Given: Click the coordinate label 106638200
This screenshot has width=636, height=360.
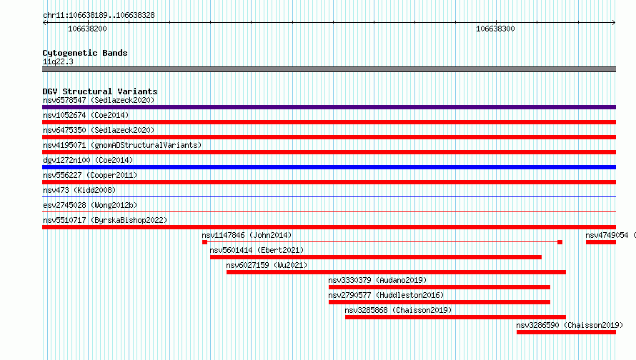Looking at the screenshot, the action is (x=87, y=29).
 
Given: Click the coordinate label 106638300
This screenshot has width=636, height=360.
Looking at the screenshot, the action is (x=495, y=29).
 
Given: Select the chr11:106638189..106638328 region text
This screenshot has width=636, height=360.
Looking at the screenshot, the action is (x=99, y=15).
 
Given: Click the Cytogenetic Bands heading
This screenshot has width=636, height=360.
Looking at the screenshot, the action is (x=85, y=53).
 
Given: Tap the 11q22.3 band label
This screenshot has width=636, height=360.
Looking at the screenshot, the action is (x=58, y=61).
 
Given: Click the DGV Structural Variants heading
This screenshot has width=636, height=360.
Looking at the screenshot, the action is (x=100, y=91).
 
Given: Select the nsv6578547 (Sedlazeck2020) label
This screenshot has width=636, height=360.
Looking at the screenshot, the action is (x=99, y=100).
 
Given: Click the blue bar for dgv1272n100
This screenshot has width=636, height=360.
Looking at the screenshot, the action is (x=329, y=167).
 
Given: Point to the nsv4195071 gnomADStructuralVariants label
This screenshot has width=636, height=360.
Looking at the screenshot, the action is (x=122, y=145).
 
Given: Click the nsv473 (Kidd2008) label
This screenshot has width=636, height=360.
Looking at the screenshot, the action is (x=79, y=190).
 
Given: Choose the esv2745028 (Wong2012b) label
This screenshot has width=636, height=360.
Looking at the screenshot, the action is (x=90, y=205).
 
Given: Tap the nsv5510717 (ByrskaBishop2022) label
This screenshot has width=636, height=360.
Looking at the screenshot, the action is (x=105, y=220).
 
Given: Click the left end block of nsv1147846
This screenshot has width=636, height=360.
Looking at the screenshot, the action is (x=205, y=242).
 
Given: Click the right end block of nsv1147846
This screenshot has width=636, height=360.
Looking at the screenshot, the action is (x=560, y=242).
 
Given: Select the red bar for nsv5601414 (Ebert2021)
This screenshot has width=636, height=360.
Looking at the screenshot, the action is (x=376, y=257).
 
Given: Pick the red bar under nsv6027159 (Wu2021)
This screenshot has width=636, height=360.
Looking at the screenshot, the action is (x=396, y=272).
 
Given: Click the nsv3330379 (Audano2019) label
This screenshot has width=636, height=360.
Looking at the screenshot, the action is (x=377, y=280).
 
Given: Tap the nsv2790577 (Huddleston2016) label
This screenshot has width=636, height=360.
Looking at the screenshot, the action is (x=386, y=295).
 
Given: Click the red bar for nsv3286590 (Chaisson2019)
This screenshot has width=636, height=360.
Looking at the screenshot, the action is (x=566, y=332).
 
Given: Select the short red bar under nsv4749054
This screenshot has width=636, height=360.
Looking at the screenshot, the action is (x=601, y=242).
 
